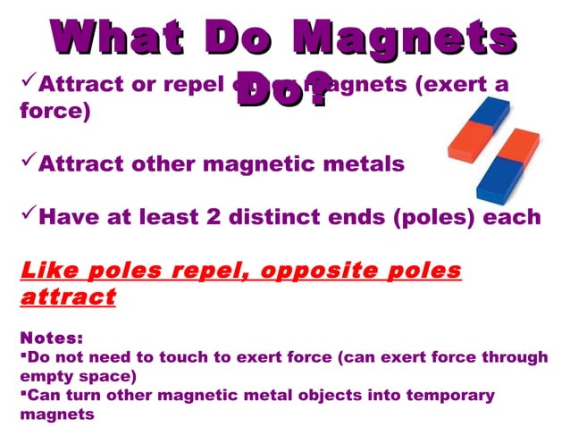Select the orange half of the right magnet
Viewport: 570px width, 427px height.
point(516,147)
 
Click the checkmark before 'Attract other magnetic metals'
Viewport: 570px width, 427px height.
point(27,163)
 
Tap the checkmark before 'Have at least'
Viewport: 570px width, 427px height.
point(27,215)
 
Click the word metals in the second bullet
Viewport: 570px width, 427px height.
point(366,165)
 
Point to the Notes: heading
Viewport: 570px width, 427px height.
point(51,339)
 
